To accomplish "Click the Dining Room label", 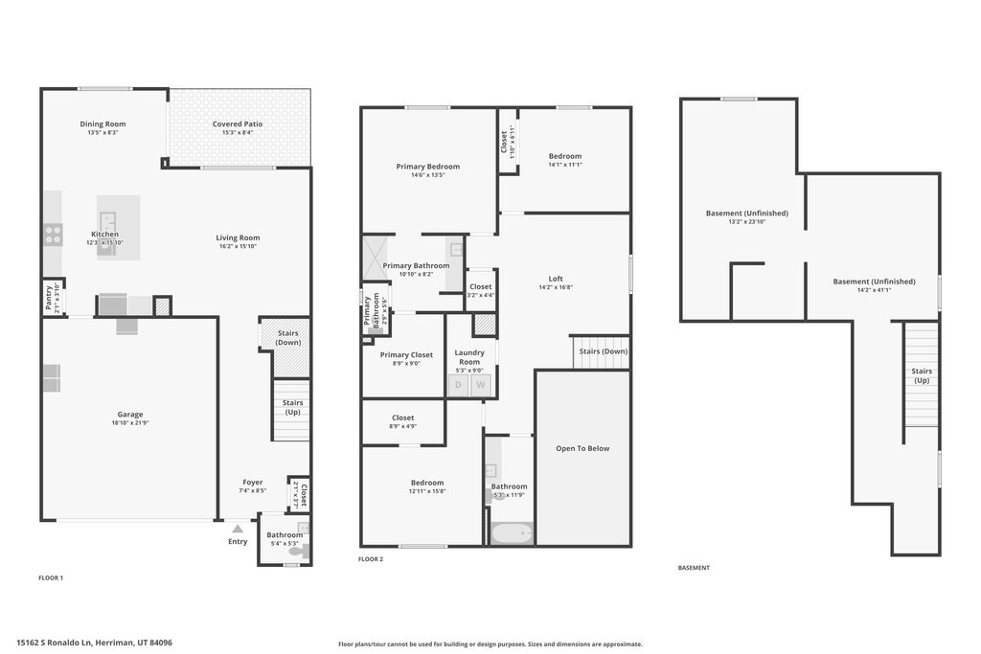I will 103,124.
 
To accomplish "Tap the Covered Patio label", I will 238,124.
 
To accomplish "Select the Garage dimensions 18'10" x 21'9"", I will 130,423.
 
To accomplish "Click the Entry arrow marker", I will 238,528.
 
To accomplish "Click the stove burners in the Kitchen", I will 52,230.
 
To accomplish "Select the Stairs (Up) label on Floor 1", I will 292,407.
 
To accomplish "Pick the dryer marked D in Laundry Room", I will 458,385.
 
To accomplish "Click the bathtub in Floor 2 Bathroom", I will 510,532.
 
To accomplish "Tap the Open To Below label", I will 582,448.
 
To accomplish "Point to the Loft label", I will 556,279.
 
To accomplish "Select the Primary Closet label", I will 406,354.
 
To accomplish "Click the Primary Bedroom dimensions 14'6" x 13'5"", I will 428,175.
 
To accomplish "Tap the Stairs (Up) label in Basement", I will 922,375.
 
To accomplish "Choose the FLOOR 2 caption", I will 371,558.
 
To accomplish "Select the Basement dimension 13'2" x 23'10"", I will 746,221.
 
